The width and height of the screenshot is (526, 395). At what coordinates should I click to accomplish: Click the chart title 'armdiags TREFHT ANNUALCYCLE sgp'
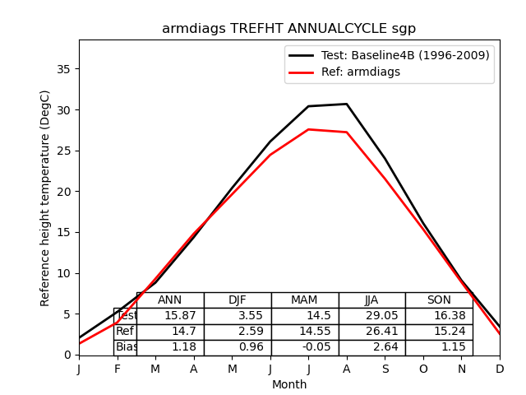(x=289, y=29)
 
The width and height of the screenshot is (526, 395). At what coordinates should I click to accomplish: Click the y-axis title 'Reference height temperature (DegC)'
(x=46, y=197)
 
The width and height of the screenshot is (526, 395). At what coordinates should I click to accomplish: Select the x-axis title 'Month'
(x=289, y=384)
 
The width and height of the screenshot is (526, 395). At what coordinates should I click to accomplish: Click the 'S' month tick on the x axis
(x=385, y=369)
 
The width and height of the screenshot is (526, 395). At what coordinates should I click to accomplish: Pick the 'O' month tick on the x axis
(x=423, y=369)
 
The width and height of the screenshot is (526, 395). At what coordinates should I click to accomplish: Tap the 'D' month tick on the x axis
(x=500, y=369)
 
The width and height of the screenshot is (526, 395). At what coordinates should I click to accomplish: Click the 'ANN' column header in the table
(x=170, y=300)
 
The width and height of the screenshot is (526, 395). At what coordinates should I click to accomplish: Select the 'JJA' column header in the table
(x=371, y=300)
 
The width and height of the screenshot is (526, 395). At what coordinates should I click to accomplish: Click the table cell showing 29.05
(x=371, y=316)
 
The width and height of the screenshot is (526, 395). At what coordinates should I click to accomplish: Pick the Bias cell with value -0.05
(x=305, y=347)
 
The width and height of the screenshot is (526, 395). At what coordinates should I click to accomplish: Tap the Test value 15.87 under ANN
(x=170, y=316)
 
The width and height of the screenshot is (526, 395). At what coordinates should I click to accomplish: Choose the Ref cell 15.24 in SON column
(x=439, y=332)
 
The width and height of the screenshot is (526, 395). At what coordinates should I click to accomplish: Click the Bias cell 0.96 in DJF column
(x=238, y=347)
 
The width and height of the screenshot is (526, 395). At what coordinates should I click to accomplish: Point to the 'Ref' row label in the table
(x=125, y=332)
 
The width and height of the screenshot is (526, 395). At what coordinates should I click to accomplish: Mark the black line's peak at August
(x=347, y=104)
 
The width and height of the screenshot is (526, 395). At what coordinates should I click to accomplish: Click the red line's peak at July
(x=308, y=129)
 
